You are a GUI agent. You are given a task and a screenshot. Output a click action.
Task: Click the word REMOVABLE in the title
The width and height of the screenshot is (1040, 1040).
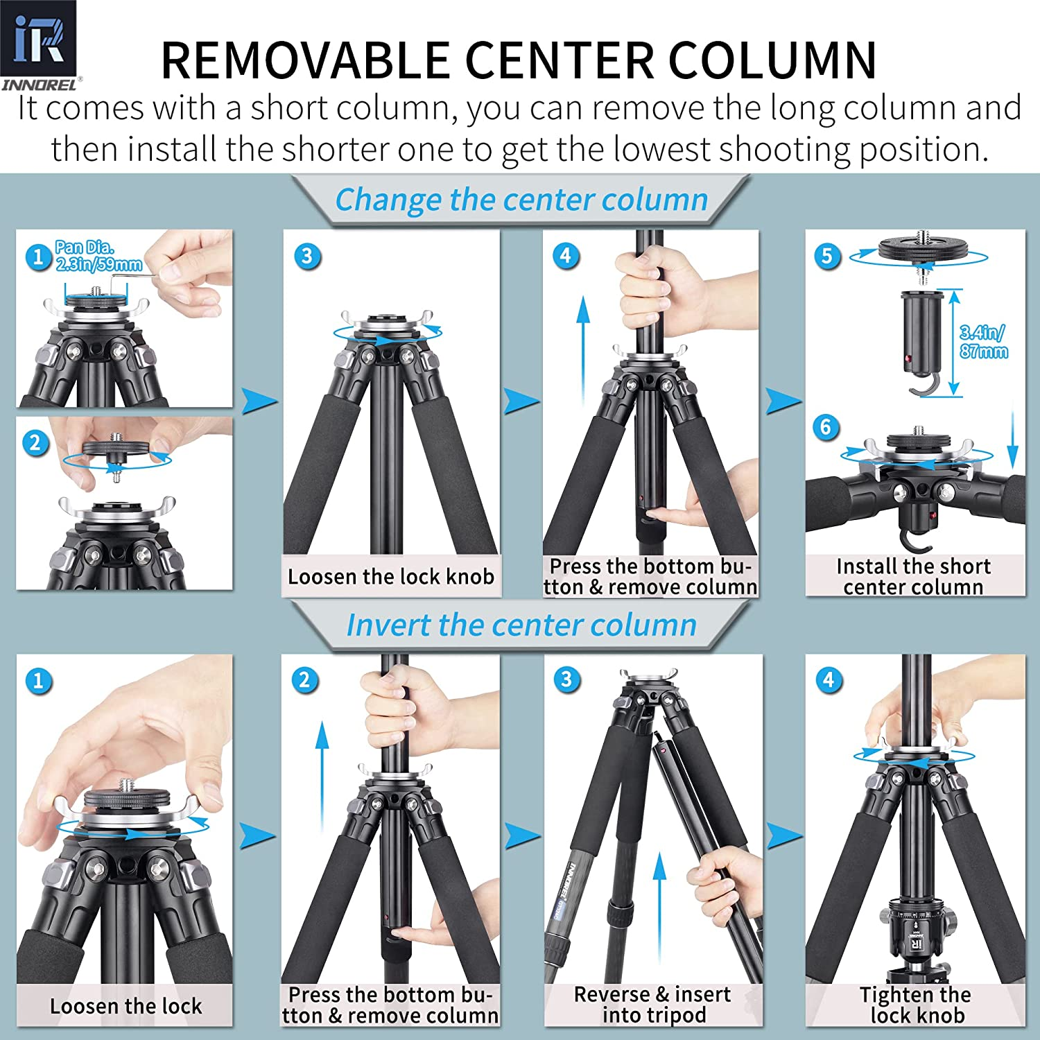coord(305,61)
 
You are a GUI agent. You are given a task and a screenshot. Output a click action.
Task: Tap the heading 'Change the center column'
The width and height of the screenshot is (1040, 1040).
coord(521,200)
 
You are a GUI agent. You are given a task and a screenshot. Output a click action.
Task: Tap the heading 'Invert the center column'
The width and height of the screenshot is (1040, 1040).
coord(521,625)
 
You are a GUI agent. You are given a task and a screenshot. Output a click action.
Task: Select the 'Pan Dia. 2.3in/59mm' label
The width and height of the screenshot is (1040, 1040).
coord(98,255)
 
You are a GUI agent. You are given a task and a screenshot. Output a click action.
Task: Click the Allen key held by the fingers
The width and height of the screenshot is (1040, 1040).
coord(136,275)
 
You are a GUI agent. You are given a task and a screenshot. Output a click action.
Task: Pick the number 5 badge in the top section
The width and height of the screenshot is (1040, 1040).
coord(826,256)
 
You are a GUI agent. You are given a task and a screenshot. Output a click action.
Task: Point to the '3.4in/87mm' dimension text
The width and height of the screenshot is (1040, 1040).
coord(983,341)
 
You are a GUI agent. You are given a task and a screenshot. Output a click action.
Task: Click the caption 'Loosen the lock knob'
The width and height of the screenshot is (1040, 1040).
coord(391,576)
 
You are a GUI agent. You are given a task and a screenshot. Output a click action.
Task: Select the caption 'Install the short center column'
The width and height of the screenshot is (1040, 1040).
coord(914,576)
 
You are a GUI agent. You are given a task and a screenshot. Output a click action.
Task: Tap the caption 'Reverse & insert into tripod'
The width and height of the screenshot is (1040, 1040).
coord(652,1004)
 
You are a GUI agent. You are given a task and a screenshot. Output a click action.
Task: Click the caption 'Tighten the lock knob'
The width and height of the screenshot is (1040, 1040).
coord(916,1005)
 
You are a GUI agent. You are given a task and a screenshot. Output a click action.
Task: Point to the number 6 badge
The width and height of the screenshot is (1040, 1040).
coord(826,426)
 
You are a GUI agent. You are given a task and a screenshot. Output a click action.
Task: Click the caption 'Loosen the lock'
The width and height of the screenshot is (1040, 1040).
coord(125,1005)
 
